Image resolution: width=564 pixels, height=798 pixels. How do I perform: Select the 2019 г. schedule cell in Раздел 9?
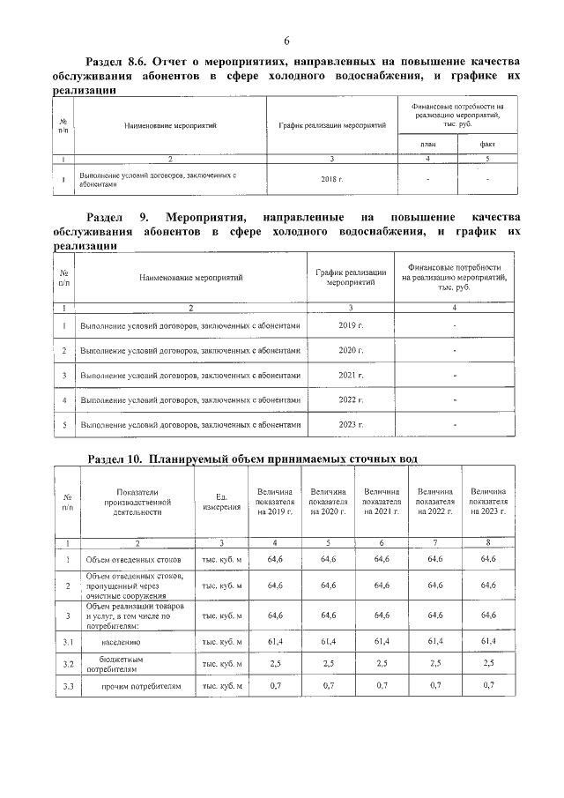coord(351,326)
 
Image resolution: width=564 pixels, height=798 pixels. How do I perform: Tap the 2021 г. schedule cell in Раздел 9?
coord(351,376)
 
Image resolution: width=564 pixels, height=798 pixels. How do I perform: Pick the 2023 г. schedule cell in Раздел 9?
coord(351,425)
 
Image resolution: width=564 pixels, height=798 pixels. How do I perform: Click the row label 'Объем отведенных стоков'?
coord(134,560)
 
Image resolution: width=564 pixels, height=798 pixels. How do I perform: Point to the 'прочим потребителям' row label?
coord(133,685)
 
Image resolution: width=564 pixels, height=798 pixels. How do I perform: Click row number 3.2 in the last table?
coord(67,662)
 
